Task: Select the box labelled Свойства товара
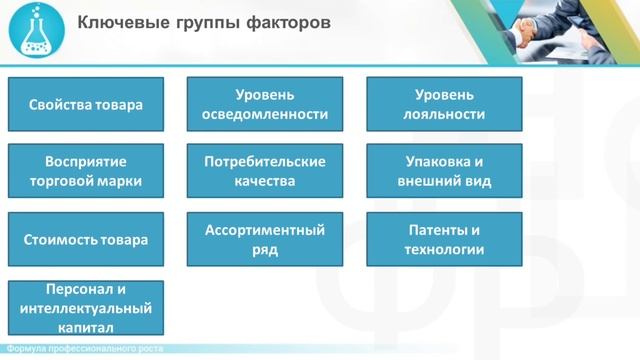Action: [86, 104]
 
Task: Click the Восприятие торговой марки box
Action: [86, 172]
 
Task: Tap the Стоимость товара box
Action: [86, 240]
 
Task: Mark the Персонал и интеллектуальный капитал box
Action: [86, 308]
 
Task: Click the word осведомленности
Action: [265, 114]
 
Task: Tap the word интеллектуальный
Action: [86, 308]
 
